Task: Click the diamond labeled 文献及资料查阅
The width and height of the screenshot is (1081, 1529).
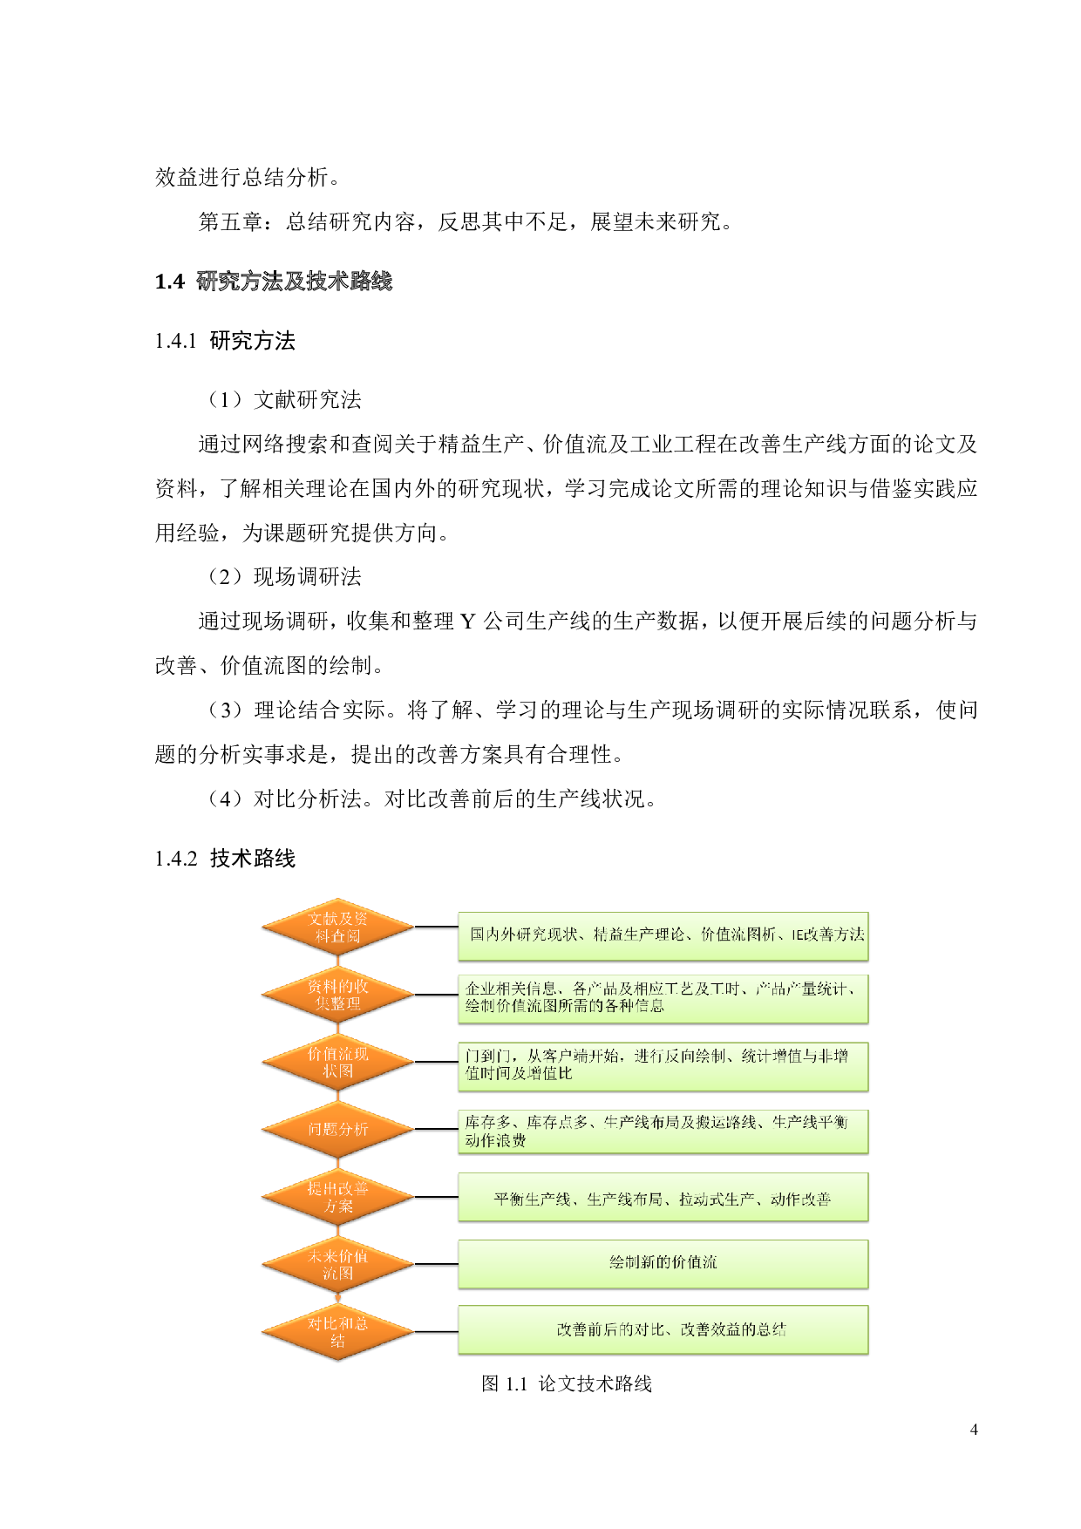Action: [337, 927]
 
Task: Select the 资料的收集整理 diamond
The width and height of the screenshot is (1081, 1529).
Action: [337, 995]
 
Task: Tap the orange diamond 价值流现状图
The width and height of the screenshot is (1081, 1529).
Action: [337, 1062]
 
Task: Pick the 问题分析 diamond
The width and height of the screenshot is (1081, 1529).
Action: [337, 1129]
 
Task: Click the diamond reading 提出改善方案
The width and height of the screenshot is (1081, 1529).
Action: [337, 1197]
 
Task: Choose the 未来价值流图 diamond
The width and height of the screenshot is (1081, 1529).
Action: [337, 1264]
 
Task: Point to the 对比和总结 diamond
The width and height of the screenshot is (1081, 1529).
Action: [337, 1331]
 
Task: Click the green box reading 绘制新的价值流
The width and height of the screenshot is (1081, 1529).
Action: [663, 1263]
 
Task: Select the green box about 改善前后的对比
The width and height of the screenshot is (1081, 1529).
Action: [663, 1329]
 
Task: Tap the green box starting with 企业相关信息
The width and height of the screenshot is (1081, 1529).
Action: [663, 998]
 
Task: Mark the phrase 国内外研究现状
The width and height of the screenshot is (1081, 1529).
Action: [524, 934]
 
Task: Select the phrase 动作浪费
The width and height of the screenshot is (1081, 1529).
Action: [495, 1141]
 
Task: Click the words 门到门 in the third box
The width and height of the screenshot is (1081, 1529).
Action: [487, 1057]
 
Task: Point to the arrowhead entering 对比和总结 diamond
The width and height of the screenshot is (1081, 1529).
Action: [337, 1300]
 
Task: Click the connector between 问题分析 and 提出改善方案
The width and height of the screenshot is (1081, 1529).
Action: [337, 1163]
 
